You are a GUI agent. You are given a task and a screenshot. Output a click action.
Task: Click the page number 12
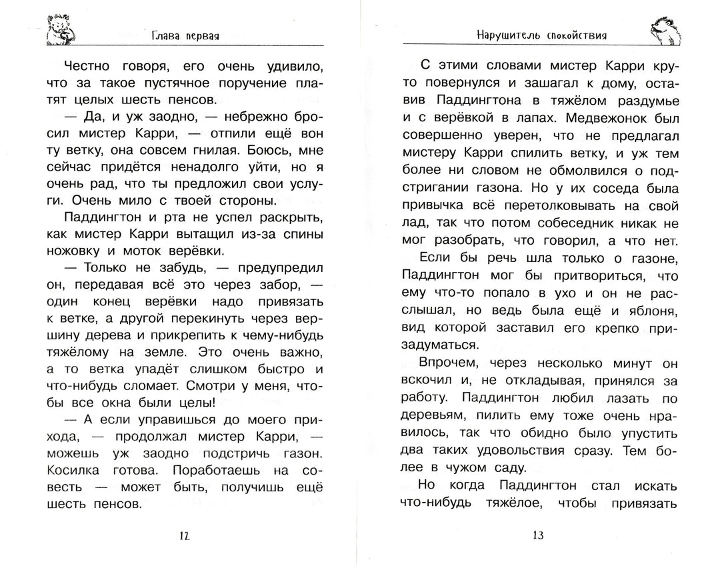tap(185, 535)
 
